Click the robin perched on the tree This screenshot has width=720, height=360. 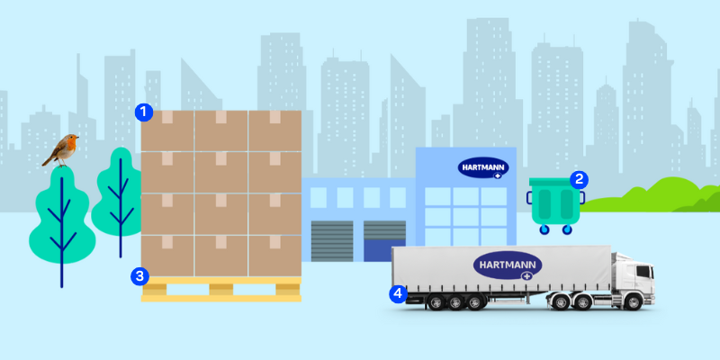[x=61, y=150]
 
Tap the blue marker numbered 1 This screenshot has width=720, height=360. [x=144, y=112]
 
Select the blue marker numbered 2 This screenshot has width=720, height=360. [x=579, y=179]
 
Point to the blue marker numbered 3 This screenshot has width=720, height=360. [x=139, y=276]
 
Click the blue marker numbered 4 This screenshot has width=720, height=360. [x=398, y=294]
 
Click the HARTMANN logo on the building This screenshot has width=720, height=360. [x=483, y=168]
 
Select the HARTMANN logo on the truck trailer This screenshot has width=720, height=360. [x=508, y=265]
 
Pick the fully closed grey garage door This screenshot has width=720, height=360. [x=332, y=241]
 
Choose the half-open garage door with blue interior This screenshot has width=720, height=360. [x=385, y=241]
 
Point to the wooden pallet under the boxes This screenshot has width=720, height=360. [x=220, y=289]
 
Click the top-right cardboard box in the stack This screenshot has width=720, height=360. [x=275, y=130]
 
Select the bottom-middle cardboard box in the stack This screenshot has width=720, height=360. [x=221, y=256]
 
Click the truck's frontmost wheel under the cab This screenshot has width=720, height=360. [x=634, y=302]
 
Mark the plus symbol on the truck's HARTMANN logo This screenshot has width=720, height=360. [x=526, y=275]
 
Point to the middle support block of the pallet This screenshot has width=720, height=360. [x=220, y=289]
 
